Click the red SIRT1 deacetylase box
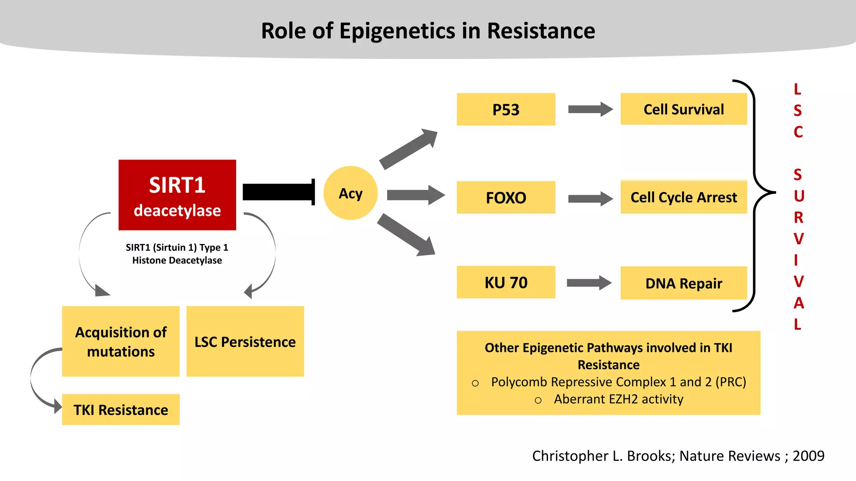coord(177,195)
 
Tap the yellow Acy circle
coord(351,193)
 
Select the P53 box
coord(506,109)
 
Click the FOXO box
coord(506,197)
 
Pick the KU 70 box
coord(506,282)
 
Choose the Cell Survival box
coord(683,109)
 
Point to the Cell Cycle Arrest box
coord(683,197)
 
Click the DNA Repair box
coord(683,283)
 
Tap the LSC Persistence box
coord(245,342)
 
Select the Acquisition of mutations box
coord(121,342)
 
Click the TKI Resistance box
coord(121,410)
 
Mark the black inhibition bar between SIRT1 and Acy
coord(278,192)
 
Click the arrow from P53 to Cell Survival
coord(590,109)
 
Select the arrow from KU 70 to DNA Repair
coord(588,283)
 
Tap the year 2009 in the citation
coord(808,456)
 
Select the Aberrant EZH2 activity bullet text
coord(618,399)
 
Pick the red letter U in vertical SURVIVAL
coord(799,196)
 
